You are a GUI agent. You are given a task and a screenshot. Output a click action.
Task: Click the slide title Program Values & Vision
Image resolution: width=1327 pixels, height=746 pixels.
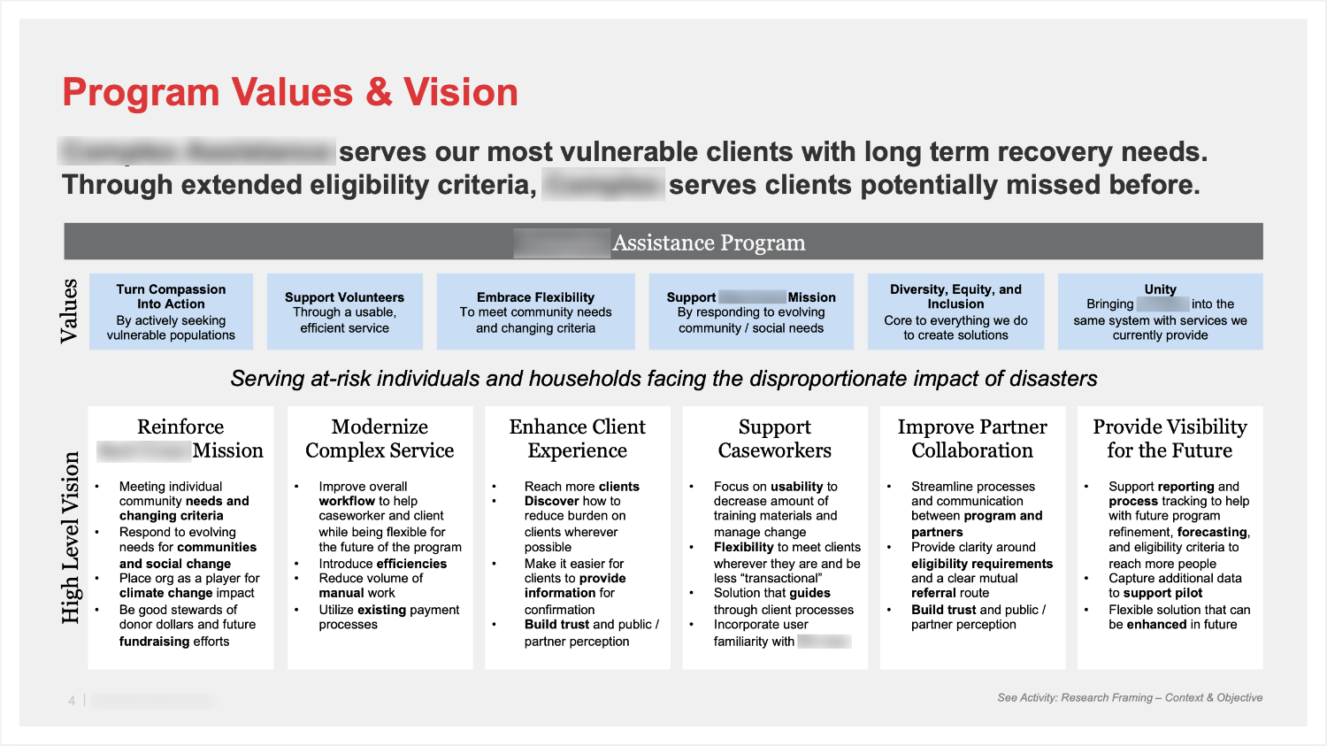click(x=290, y=93)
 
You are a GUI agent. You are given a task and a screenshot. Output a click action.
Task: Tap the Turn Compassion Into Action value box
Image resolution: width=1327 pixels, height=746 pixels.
click(x=171, y=311)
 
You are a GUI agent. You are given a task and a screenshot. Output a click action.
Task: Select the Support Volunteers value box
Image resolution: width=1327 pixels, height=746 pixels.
click(x=344, y=311)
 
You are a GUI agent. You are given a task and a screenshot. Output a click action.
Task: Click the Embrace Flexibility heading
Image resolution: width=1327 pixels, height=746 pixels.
click(x=535, y=297)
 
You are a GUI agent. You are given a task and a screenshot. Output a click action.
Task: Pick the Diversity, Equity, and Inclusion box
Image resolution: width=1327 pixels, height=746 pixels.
click(x=955, y=311)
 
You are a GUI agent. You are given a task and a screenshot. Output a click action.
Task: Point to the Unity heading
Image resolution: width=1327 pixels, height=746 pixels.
click(x=1160, y=289)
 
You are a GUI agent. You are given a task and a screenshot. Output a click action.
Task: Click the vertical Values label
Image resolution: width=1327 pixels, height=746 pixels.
click(x=69, y=311)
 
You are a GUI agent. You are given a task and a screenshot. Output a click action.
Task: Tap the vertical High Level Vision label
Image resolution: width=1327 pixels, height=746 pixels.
click(x=71, y=537)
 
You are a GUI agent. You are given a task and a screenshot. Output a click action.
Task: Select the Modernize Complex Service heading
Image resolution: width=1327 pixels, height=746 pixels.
click(x=380, y=438)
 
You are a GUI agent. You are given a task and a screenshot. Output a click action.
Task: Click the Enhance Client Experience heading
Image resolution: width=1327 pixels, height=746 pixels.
click(x=578, y=438)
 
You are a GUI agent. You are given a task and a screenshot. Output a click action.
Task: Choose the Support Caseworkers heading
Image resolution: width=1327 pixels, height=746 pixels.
click(x=774, y=438)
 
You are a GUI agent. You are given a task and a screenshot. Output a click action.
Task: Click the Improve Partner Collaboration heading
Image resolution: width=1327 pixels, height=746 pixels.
click(x=972, y=438)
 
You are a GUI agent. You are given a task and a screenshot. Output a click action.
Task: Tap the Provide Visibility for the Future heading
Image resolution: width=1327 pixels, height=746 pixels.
click(x=1170, y=438)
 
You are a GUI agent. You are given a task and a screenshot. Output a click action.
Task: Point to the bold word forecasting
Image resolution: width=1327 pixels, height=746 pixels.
click(x=1211, y=532)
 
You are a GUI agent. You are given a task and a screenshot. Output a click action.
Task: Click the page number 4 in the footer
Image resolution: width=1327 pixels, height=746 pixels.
click(x=72, y=701)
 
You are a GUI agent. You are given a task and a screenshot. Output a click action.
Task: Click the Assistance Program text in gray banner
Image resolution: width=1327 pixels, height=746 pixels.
click(x=709, y=242)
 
